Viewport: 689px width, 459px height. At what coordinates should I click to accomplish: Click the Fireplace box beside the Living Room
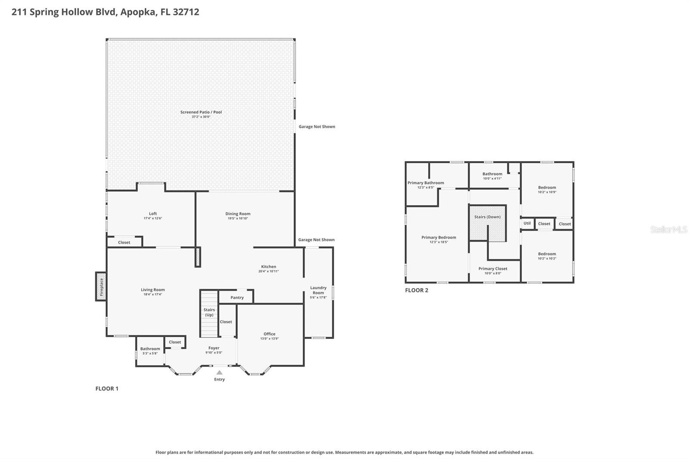pyautogui.click(x=101, y=286)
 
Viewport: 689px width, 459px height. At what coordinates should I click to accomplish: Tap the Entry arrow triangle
pyautogui.click(x=219, y=372)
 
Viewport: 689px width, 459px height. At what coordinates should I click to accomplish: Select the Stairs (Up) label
pyautogui.click(x=209, y=312)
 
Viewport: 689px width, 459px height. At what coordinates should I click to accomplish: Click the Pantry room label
pyautogui.click(x=237, y=298)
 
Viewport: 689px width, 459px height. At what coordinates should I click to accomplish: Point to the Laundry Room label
pyautogui.click(x=318, y=290)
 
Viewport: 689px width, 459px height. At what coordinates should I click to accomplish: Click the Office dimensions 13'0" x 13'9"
pyautogui.click(x=270, y=339)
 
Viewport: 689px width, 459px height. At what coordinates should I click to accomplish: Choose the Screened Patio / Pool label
pyautogui.click(x=201, y=112)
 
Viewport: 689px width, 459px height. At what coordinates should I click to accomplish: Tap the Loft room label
pyautogui.click(x=153, y=214)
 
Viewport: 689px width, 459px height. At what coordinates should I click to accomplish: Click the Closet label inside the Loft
pyautogui.click(x=124, y=242)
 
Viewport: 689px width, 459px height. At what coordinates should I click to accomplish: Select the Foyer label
pyautogui.click(x=214, y=348)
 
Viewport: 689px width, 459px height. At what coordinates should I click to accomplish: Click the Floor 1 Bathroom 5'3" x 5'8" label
pyautogui.click(x=150, y=351)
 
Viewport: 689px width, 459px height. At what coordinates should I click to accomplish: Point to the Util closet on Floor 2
pyautogui.click(x=527, y=223)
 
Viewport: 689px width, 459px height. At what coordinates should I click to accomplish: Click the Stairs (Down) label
pyautogui.click(x=487, y=217)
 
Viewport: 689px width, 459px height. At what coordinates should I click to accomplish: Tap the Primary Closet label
pyautogui.click(x=493, y=269)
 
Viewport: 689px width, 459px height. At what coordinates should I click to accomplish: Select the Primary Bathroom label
pyautogui.click(x=425, y=183)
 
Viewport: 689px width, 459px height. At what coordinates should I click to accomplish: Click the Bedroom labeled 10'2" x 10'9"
pyautogui.click(x=547, y=189)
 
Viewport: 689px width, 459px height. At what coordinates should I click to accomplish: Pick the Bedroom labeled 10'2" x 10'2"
pyautogui.click(x=547, y=256)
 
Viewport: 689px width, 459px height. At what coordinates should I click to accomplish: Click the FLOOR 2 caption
pyautogui.click(x=416, y=290)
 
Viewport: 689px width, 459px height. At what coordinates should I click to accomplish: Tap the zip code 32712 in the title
pyautogui.click(x=186, y=12)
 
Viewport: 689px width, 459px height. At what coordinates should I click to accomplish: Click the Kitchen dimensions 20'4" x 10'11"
pyautogui.click(x=269, y=271)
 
